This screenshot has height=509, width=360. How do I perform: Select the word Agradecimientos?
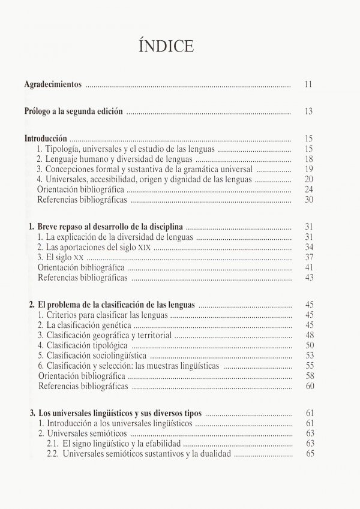tap(53, 85)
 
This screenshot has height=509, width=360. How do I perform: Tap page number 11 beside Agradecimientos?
tap(308, 85)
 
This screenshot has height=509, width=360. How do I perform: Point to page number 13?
tap(308, 111)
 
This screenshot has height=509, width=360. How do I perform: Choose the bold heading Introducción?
tap(46, 138)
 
